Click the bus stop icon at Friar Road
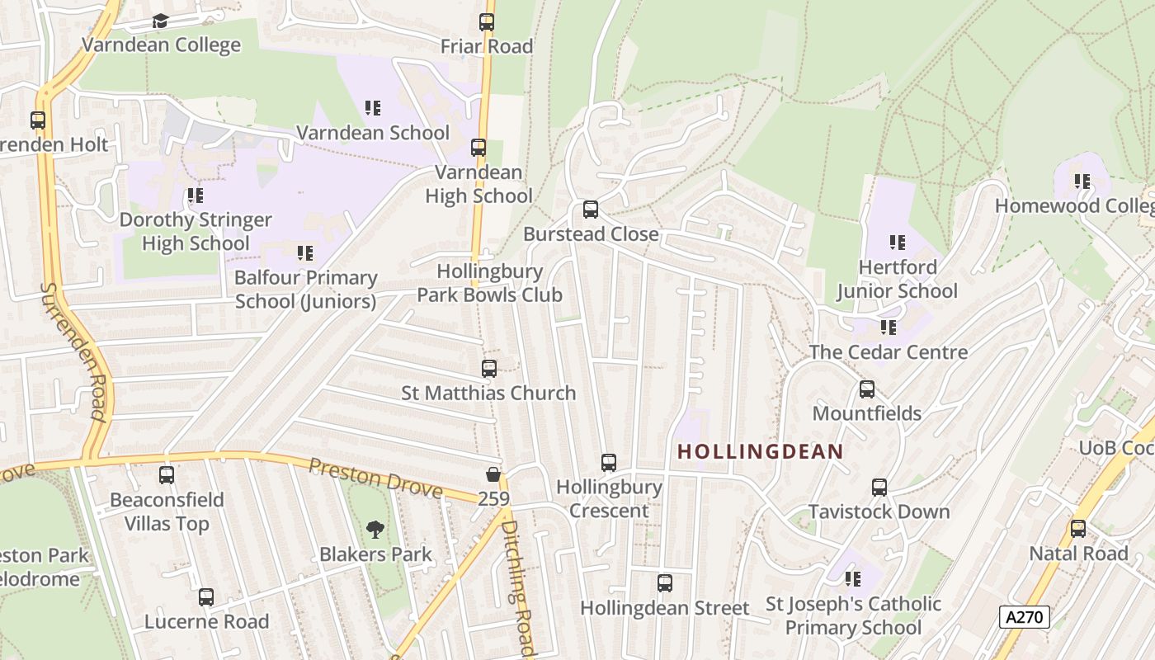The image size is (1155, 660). coord(487,22)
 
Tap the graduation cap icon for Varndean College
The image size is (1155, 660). coord(160,21)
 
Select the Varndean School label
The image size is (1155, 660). coord(373,132)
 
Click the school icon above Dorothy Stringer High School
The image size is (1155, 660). coord(195,196)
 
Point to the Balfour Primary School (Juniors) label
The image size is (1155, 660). coord(305,290)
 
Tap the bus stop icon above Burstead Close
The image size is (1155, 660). coord(591,210)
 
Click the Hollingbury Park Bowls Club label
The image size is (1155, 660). coord(489,283)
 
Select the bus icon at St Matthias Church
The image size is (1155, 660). coord(489,369)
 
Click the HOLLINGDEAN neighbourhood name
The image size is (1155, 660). coord(760,451)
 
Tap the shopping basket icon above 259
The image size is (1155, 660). coord(493,474)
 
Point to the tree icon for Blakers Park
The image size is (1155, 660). coord(375,529)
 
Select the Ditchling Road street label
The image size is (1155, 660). coord(519,587)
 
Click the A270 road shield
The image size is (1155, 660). coord(1024,616)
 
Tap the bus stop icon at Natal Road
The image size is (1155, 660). coord(1078,529)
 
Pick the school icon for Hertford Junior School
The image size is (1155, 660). coord(898,243)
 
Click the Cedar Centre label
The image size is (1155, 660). coord(888,352)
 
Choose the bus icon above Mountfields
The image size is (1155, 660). coord(867,389)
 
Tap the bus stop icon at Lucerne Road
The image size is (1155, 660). coord(206,597)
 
